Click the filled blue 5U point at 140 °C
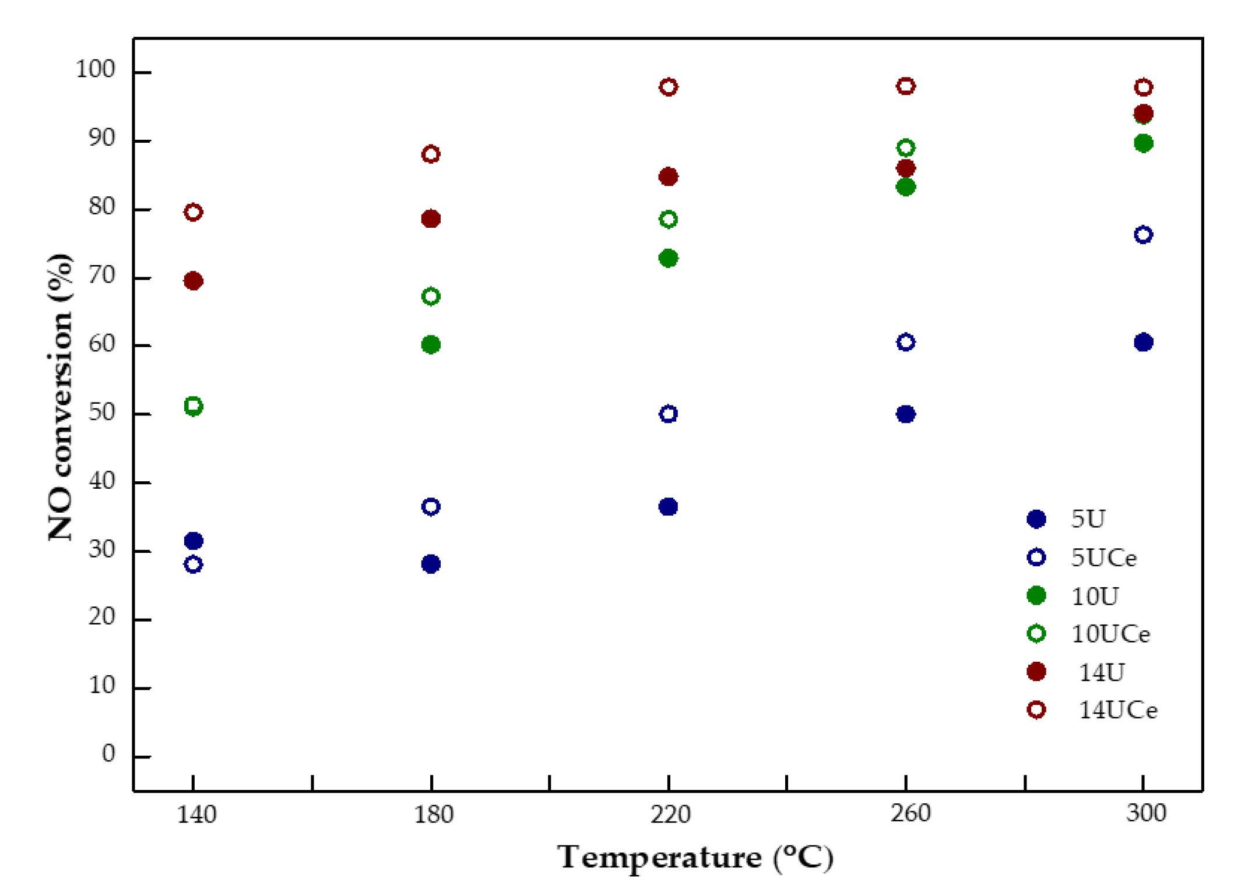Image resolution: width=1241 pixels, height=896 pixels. pos(194,541)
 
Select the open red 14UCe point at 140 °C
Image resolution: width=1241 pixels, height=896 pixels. pos(194,212)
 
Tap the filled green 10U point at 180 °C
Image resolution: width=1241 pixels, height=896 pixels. pos(431,345)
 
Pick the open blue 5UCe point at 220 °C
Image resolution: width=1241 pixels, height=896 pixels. pos(668,414)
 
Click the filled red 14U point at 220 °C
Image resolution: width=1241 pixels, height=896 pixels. pos(668,177)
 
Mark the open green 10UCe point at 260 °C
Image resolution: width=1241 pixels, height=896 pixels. pos(905,147)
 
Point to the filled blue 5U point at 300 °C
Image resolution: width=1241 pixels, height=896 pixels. pos(1143,342)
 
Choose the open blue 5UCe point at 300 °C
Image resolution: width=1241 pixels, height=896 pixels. pos(1143,235)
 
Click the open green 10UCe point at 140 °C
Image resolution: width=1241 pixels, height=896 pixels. pos(194,406)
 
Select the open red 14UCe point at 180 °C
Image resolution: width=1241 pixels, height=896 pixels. pos(431,154)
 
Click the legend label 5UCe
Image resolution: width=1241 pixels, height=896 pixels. pos(1103,558)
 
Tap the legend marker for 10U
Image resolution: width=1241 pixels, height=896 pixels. pos(1036,595)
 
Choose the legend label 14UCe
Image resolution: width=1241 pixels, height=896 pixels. pos(1117,710)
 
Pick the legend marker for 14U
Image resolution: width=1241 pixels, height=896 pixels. pos(1036,672)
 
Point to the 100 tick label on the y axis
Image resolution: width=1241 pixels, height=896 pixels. pos(95,69)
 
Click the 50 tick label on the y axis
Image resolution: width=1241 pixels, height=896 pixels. pos(101,412)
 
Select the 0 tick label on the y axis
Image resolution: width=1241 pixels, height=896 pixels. pos(108,754)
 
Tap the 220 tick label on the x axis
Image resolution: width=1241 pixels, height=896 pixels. pos(670,814)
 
